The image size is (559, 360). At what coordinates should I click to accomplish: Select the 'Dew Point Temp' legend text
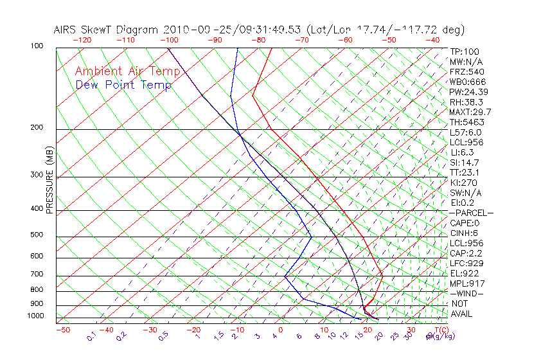(123, 85)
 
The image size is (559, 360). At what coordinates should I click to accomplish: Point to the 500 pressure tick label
(37, 235)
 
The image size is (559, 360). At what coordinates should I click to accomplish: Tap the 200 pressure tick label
(37, 127)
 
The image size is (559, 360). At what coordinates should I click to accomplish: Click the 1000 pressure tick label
(35, 316)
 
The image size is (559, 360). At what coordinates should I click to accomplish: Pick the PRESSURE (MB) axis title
(49, 180)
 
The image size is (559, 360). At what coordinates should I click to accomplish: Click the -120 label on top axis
(82, 40)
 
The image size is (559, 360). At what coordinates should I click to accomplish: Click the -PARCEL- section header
(471, 213)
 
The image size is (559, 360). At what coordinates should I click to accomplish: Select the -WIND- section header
(467, 293)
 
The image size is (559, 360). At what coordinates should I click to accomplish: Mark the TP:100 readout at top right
(465, 51)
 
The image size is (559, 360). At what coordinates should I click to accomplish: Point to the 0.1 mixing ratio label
(91, 336)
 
